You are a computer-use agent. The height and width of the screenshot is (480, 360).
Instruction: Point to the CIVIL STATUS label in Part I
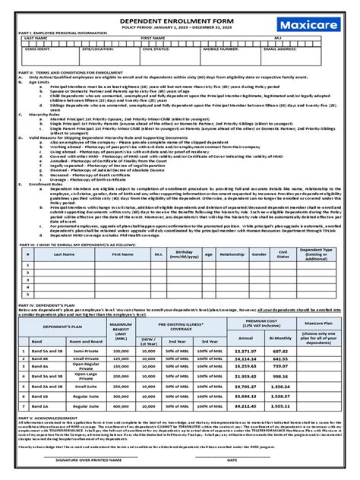(x=156, y=49)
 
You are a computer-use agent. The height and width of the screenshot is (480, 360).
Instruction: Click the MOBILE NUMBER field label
(x=217, y=49)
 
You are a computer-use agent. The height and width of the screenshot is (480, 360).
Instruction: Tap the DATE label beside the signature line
(x=232, y=459)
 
